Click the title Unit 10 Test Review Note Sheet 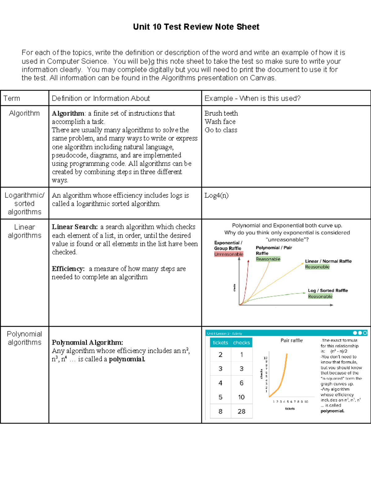196,27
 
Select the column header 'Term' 12,98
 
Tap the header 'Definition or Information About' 101,98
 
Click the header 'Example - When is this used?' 252,98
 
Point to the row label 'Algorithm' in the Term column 24,113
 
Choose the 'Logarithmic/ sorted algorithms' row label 24,203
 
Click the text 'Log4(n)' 216,195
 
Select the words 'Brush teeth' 221,113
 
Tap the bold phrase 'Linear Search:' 75,227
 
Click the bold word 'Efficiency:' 68,269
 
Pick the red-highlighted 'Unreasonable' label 229,254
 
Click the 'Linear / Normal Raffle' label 328,261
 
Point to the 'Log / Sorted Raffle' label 328,291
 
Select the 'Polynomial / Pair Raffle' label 274,250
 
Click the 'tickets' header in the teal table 220,342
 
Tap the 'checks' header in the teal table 241,342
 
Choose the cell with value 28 241,411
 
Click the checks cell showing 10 241,397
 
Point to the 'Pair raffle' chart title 292,340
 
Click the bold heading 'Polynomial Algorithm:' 87,342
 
